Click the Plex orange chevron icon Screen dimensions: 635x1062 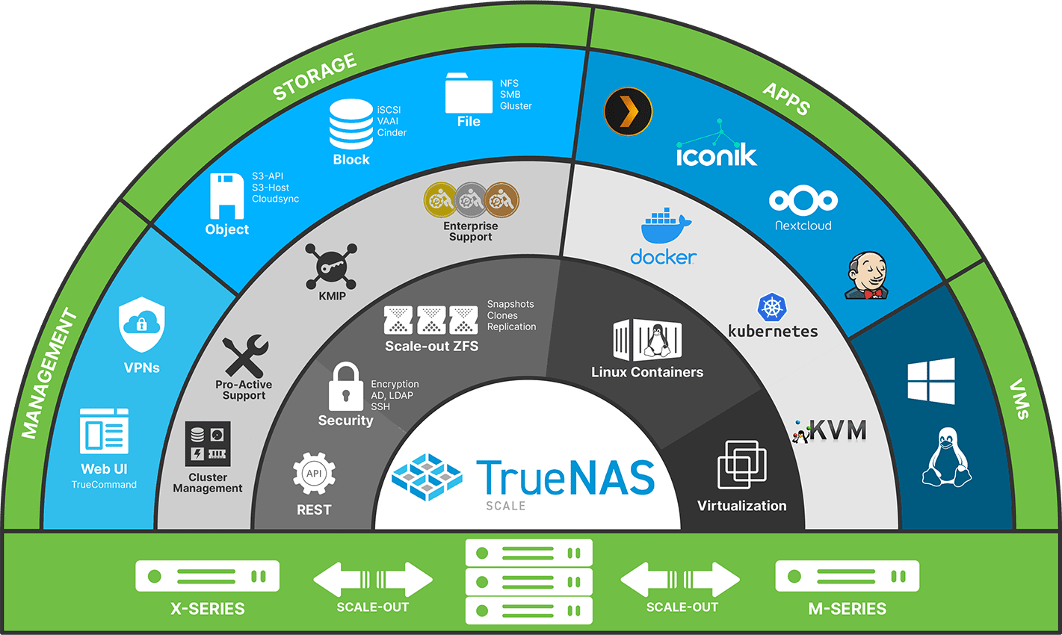tap(628, 112)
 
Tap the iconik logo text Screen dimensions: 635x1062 tap(716, 155)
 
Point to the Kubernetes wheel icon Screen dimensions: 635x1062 tap(773, 308)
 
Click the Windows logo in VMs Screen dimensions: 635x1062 tap(930, 381)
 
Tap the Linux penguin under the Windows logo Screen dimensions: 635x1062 tap(946, 458)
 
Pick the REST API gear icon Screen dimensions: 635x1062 tap(314, 474)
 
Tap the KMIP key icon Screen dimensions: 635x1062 tap(331, 267)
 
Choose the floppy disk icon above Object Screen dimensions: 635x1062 tap(226, 196)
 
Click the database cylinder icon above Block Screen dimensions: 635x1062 tap(351, 124)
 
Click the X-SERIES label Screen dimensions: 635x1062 tap(207, 608)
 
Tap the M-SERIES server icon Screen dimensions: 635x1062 tap(847, 576)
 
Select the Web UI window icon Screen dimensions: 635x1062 tap(104, 432)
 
